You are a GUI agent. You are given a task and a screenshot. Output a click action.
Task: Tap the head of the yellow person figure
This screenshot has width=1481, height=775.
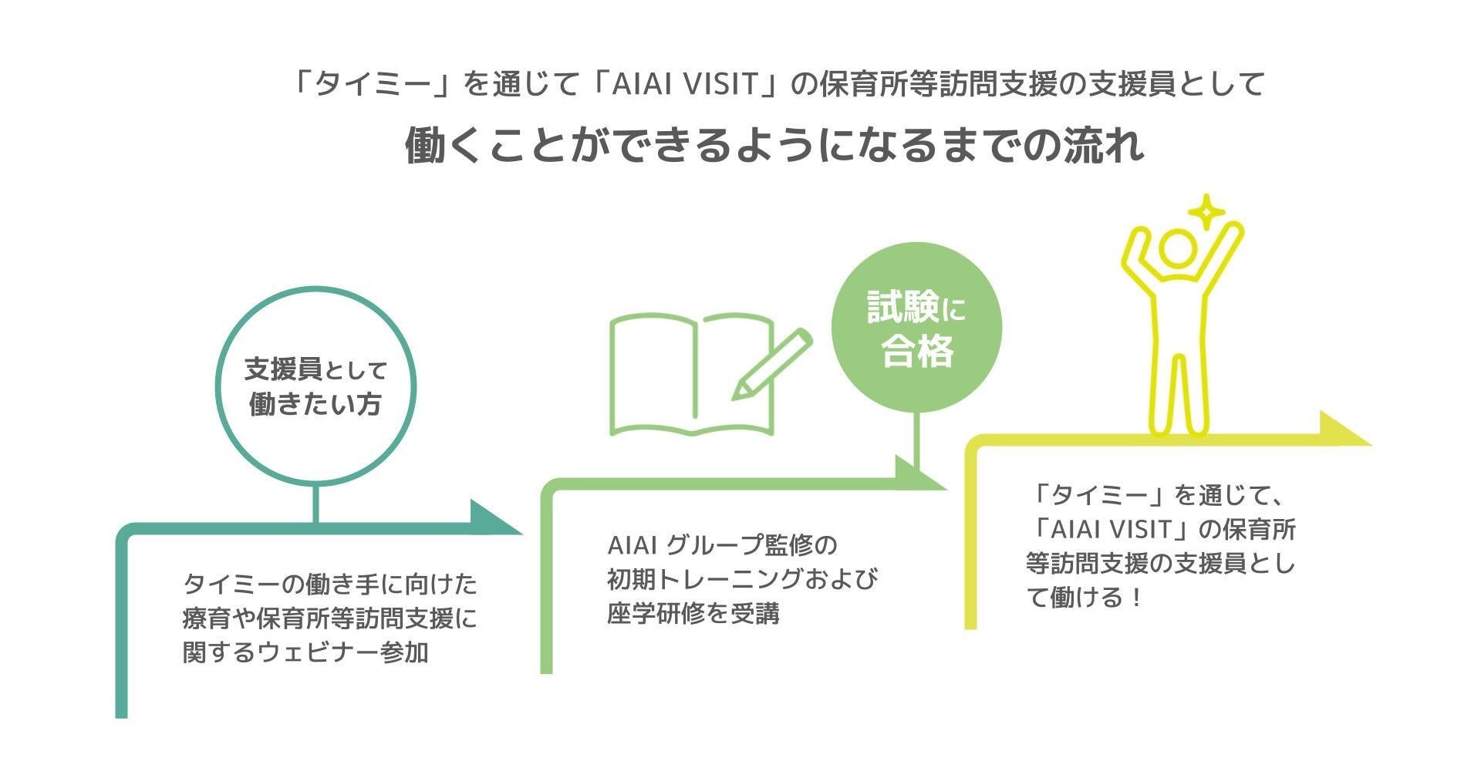tap(1178, 248)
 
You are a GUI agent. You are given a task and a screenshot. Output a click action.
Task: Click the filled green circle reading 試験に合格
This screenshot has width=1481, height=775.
tap(916, 328)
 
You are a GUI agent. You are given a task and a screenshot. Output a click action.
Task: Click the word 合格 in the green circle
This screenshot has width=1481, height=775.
tap(917, 352)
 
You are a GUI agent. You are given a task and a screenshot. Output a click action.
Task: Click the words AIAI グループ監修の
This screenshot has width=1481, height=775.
tap(722, 544)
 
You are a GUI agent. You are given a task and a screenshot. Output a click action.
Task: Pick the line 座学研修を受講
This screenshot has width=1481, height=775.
tap(693, 614)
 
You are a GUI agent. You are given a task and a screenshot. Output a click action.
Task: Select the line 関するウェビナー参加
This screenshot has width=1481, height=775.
tap(305, 652)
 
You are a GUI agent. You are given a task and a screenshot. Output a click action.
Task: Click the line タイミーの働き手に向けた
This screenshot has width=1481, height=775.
tap(330, 584)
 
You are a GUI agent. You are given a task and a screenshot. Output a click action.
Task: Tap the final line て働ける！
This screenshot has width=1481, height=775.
tap(1084, 598)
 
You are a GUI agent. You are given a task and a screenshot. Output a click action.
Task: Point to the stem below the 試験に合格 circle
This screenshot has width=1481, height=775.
tap(917, 440)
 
